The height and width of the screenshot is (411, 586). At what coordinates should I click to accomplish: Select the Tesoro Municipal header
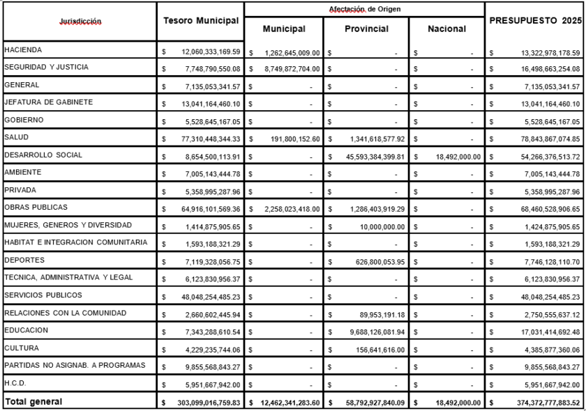pos(201,21)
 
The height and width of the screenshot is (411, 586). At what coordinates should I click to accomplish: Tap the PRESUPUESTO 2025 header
pos(535,21)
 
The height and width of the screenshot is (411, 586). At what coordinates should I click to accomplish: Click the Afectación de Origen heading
pos(364,8)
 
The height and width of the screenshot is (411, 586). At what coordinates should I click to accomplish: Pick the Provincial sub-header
pos(366,29)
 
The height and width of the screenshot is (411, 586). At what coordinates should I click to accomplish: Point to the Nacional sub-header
pos(446,29)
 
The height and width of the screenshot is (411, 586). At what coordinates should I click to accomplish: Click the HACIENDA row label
pos(23,50)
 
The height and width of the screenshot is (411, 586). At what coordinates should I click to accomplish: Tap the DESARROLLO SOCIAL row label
pos(43,155)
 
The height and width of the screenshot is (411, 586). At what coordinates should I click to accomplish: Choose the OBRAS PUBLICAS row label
pos(36,208)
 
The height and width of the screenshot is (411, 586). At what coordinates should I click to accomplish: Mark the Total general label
pos(33,401)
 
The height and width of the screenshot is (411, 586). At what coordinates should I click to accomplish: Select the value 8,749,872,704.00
pos(291,69)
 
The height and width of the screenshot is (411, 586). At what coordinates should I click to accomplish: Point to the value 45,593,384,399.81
pos(370,156)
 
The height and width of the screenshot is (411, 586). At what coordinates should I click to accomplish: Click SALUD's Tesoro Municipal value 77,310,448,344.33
pos(206,139)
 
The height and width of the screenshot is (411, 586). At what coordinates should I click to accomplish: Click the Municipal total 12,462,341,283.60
pos(287,402)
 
